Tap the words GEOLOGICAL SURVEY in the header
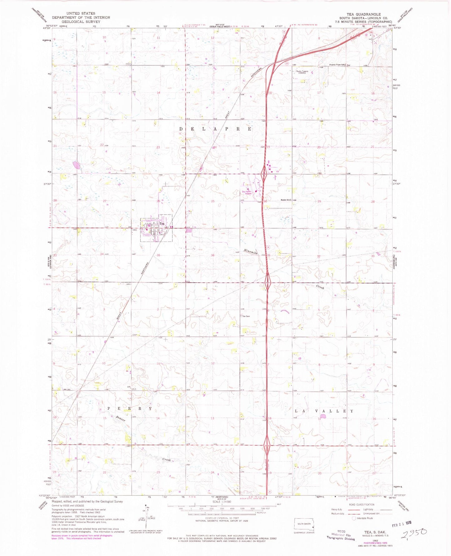pyautogui.click(x=81, y=22)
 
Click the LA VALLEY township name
pyautogui.click(x=324, y=411)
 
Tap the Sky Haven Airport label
pyautogui.click(x=246, y=193)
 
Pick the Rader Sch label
pyautogui.click(x=286, y=200)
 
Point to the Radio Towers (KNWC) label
pyautogui.click(x=302, y=72)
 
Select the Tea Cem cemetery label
pyautogui.click(x=246, y=316)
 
